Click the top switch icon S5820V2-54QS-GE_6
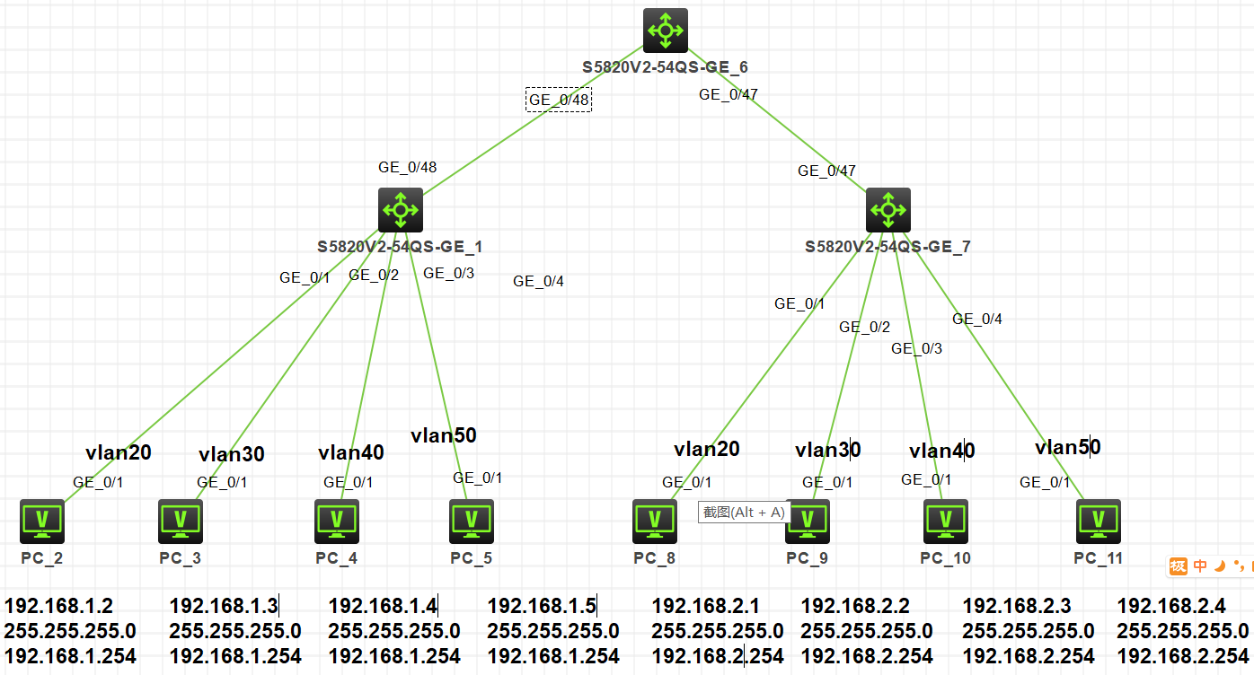(665, 31)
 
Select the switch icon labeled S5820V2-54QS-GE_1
(400, 210)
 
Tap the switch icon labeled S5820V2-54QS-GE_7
(888, 210)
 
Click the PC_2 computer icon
(42, 522)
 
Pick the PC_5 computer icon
(472, 522)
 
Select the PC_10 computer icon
(945, 522)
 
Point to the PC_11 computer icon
(1098, 522)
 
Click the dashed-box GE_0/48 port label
(559, 100)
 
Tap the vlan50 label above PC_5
(444, 436)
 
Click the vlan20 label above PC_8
(707, 449)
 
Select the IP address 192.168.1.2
(59, 606)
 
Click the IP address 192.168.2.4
(1171, 606)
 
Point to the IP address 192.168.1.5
(542, 606)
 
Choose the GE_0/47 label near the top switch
(729, 94)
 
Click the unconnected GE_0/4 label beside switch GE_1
(538, 281)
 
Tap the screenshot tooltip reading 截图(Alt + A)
(744, 513)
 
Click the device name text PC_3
(180, 558)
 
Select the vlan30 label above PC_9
(827, 450)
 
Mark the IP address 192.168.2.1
(706, 606)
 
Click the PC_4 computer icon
(337, 522)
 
